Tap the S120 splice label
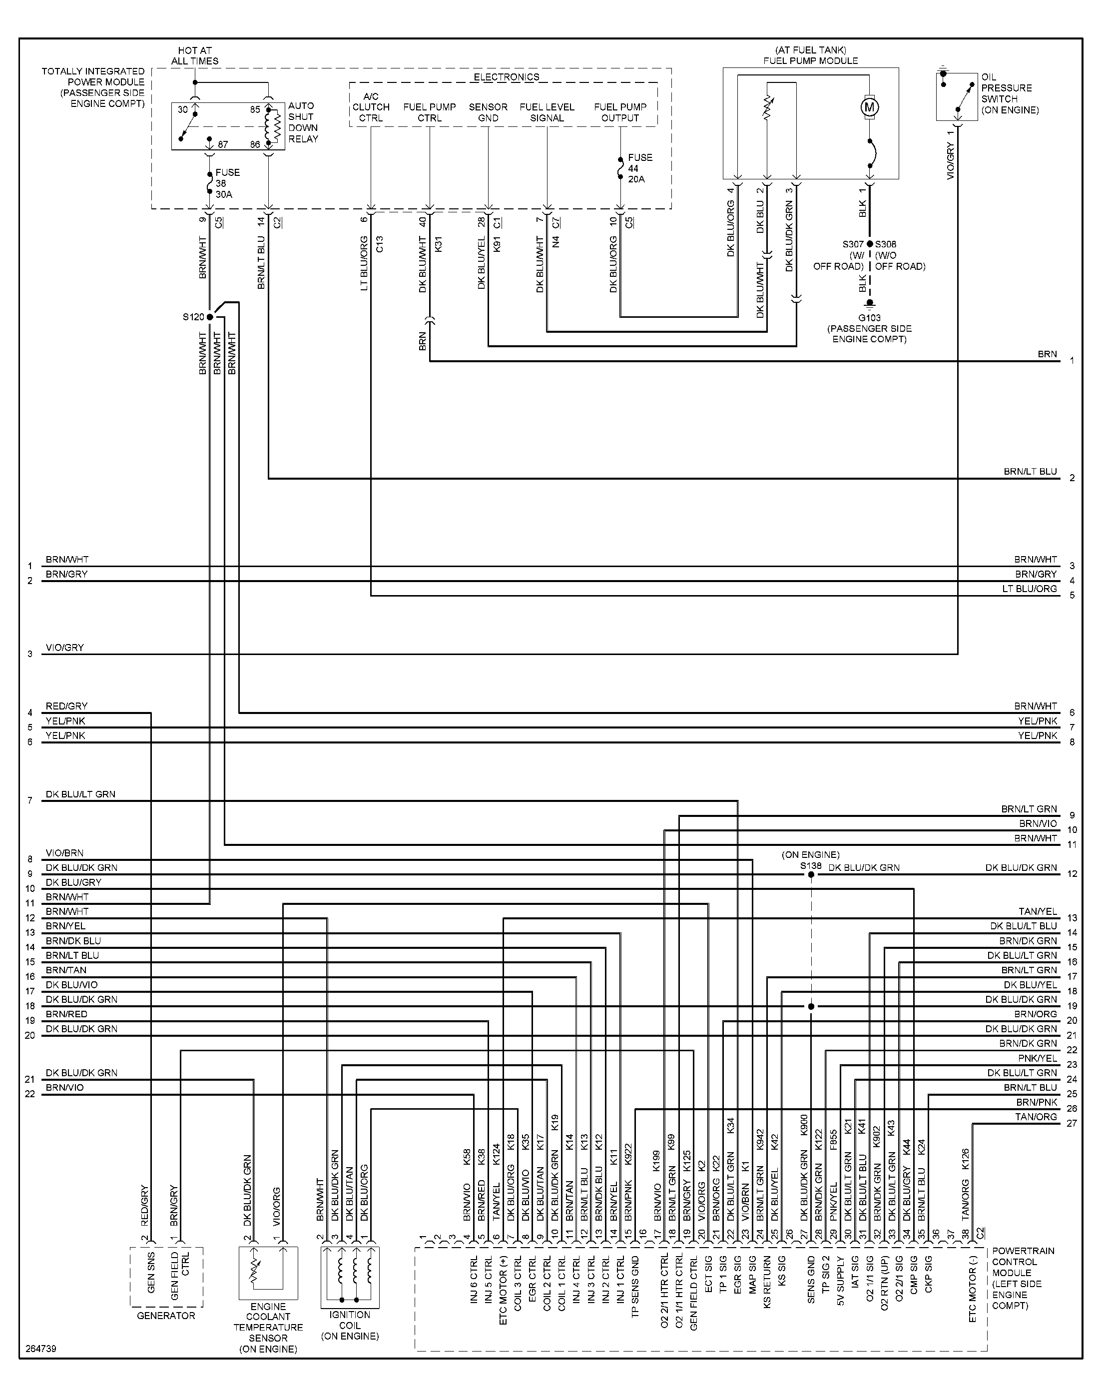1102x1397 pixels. tap(193, 317)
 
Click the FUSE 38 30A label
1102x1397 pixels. tap(227, 183)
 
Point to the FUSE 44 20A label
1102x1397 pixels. tap(639, 168)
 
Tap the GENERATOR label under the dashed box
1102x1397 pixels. tap(166, 1315)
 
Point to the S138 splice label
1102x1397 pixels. tap(811, 866)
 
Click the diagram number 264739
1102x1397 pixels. tap(41, 1349)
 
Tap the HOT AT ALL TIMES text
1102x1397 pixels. tap(195, 55)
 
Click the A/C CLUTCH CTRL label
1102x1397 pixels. tap(371, 107)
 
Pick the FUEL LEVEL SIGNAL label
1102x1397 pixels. tap(547, 112)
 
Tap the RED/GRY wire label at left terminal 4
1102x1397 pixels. tap(66, 706)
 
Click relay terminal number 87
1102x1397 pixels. tap(223, 144)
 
